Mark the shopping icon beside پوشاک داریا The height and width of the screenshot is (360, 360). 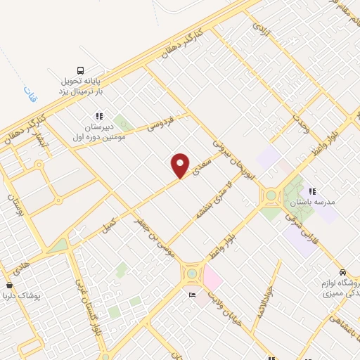[x=9, y=285]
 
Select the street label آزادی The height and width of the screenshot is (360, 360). [x=261, y=28]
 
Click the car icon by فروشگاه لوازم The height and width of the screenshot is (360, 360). [x=342, y=272]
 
